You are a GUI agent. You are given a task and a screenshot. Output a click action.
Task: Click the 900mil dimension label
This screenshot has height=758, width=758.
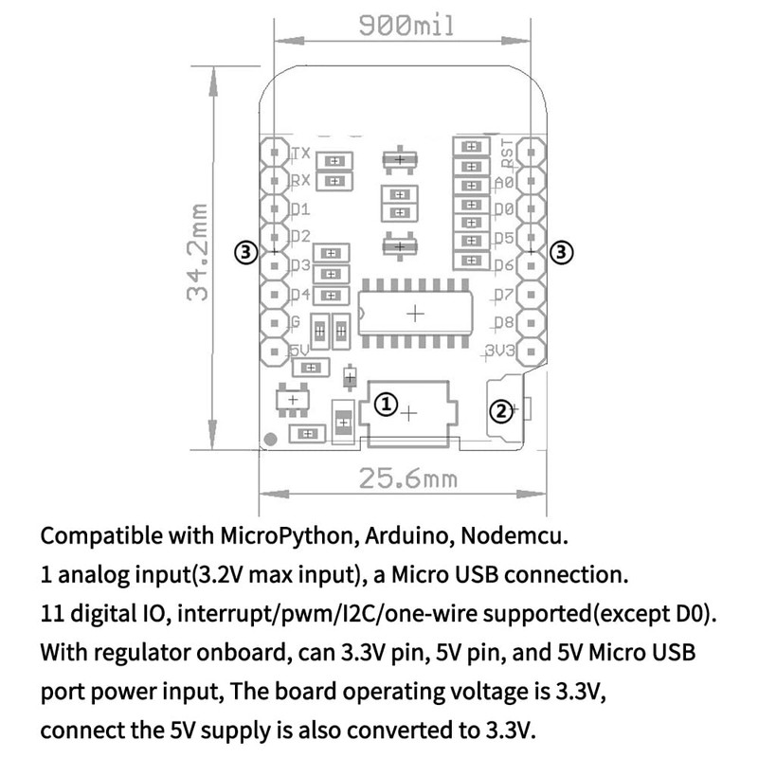(x=406, y=26)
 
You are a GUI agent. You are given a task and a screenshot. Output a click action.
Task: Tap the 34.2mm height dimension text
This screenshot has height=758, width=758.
(x=198, y=252)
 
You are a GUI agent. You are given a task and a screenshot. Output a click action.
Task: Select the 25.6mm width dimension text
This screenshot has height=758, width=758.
(x=408, y=478)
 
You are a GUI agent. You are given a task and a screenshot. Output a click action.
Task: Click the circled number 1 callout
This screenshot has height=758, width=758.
(x=387, y=405)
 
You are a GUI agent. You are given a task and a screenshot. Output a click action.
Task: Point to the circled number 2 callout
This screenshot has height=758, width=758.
(x=501, y=411)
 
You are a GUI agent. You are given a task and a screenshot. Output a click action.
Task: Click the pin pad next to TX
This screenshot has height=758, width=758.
(x=275, y=153)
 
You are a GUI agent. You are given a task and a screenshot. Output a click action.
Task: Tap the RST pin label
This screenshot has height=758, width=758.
(x=507, y=153)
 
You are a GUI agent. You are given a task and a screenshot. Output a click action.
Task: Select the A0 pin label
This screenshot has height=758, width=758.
(x=504, y=182)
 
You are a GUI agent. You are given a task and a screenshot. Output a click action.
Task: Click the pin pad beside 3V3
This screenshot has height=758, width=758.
(x=532, y=352)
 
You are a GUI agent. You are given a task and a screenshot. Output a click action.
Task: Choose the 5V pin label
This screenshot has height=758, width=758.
(x=299, y=350)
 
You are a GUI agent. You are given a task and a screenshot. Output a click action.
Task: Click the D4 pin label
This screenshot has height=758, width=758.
(x=300, y=294)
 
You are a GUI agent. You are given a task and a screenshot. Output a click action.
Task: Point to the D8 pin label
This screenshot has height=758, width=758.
(x=504, y=322)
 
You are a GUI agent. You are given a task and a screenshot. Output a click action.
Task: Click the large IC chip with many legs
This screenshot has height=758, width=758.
(x=415, y=314)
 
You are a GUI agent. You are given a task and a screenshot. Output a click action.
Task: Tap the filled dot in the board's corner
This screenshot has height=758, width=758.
(x=271, y=439)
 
